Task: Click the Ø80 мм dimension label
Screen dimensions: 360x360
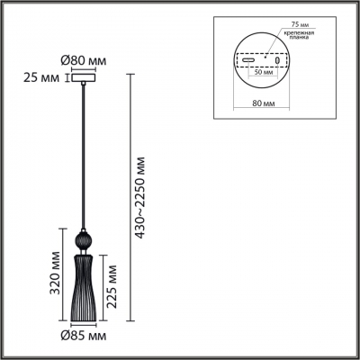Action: pos(84,61)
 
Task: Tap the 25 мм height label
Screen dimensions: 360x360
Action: pos(41,78)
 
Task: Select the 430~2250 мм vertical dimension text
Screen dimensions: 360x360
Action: pos(139,198)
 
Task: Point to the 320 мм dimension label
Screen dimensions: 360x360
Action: pos(56,274)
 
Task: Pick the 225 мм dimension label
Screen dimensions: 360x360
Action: pos(112,286)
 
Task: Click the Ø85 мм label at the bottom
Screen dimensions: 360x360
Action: pos(84,336)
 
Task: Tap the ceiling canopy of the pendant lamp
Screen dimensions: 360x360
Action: pos(84,77)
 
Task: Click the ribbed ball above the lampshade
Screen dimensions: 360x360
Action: pos(83,241)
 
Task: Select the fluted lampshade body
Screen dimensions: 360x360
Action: pos(84,288)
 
